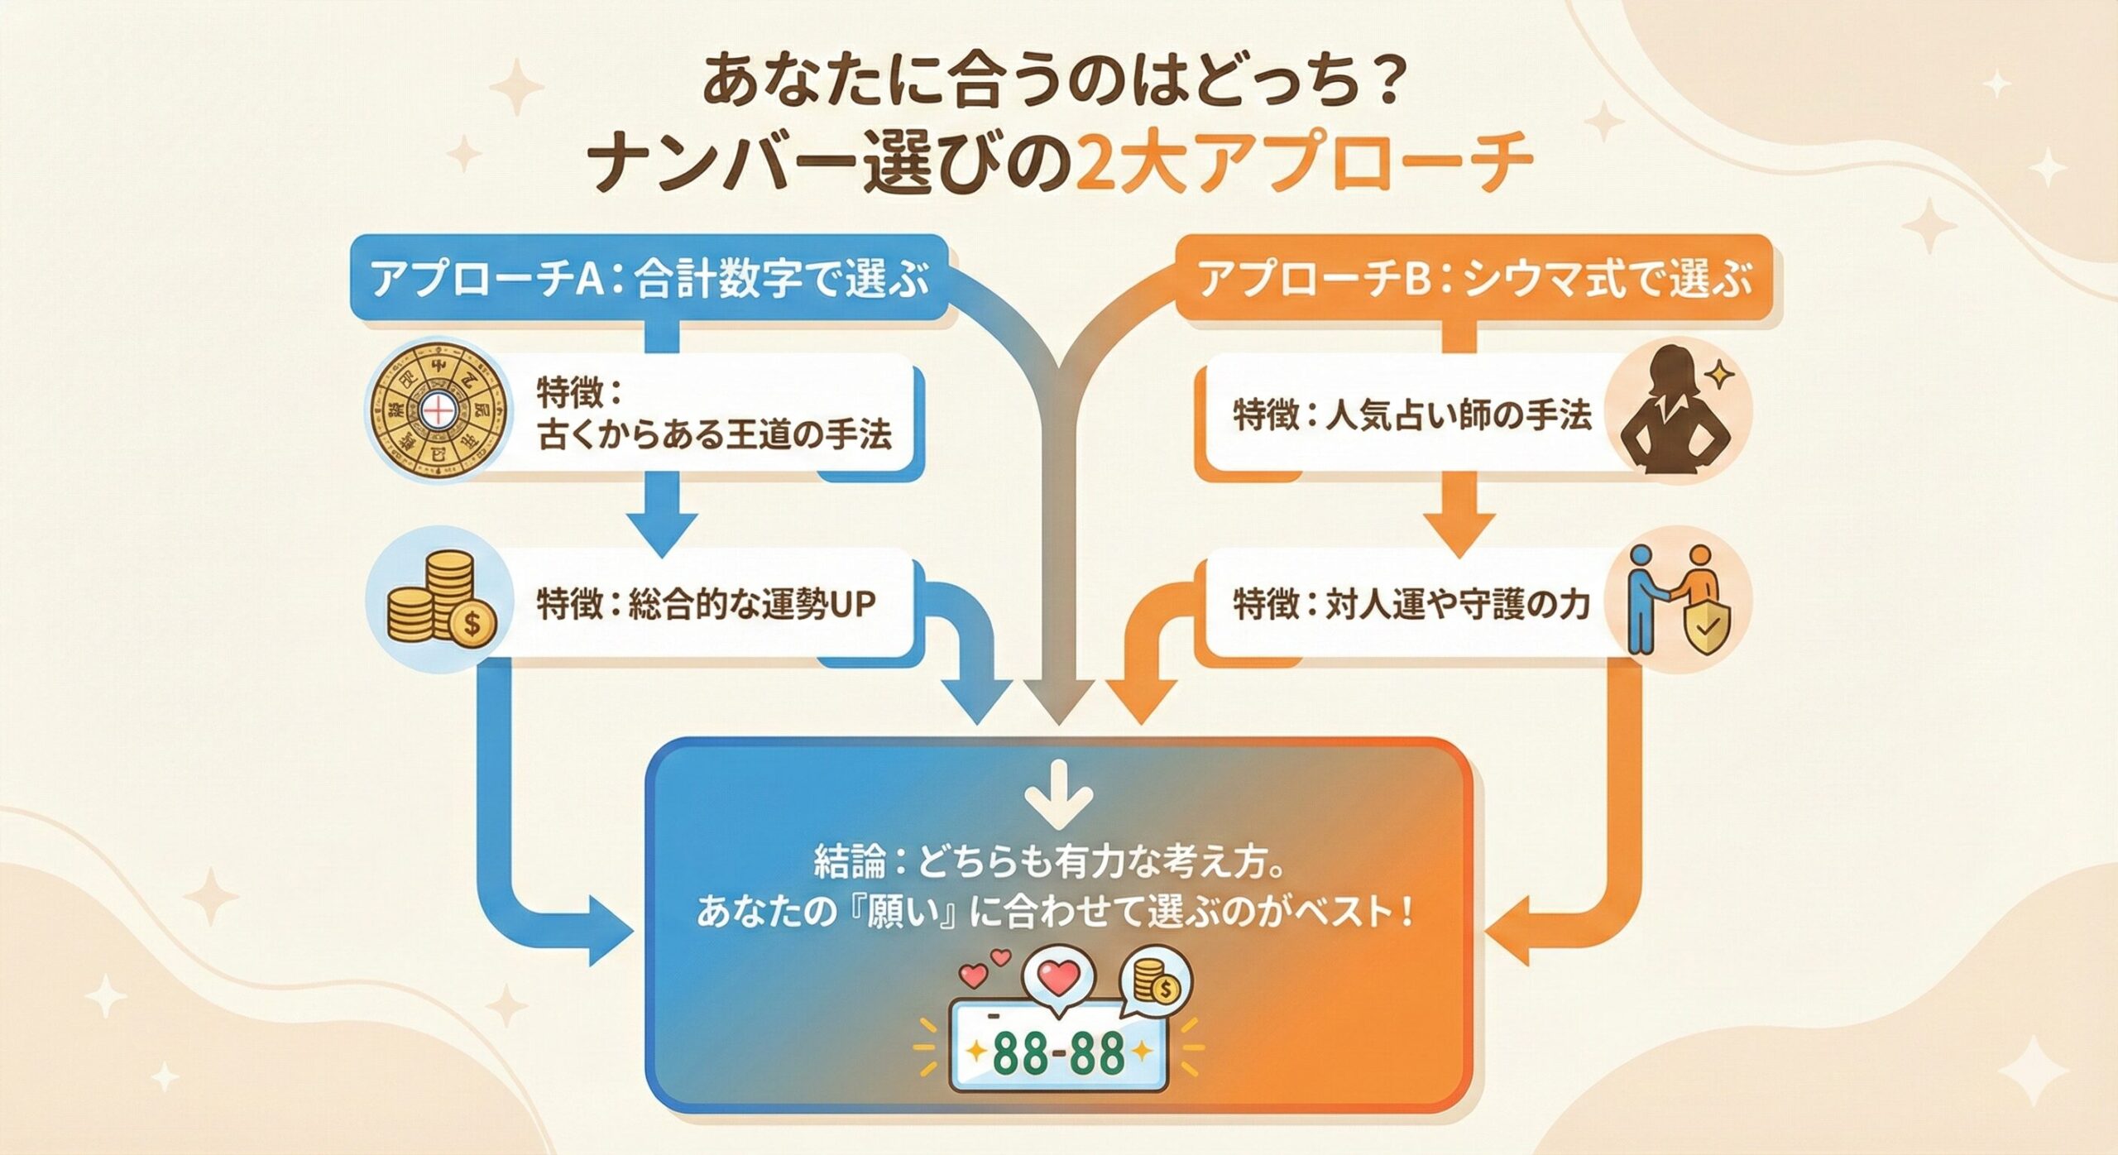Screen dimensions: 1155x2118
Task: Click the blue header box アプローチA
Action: pyautogui.click(x=649, y=278)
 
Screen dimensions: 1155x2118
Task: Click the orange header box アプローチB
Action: pyautogui.click(x=1476, y=278)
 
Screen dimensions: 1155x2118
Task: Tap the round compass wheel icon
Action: pyautogui.click(x=436, y=410)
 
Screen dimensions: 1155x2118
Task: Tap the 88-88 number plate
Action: pyautogui.click(x=1059, y=1053)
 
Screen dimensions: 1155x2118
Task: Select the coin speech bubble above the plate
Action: pyautogui.click(x=1156, y=983)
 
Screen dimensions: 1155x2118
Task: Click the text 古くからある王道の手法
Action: pyautogui.click(x=715, y=434)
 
